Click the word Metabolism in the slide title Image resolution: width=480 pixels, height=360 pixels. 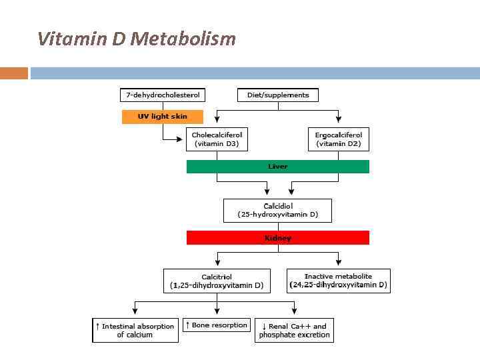click(x=183, y=39)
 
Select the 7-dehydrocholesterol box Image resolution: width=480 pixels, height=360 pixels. click(x=163, y=95)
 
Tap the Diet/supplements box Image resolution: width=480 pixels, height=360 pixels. click(x=278, y=95)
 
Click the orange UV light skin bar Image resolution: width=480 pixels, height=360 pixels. click(x=162, y=117)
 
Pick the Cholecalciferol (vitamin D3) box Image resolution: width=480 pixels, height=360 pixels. click(x=217, y=139)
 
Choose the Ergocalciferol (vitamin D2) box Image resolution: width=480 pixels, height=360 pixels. click(x=339, y=139)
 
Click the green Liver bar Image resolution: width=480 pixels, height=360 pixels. click(x=277, y=167)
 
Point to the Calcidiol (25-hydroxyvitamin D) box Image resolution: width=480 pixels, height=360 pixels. click(x=277, y=210)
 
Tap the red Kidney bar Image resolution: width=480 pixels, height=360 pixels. click(x=277, y=237)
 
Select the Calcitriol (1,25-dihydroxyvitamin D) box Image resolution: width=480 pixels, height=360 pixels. click(x=217, y=281)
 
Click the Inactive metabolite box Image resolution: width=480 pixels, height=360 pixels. click(x=339, y=281)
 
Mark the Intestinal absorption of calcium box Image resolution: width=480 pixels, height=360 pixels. click(x=135, y=330)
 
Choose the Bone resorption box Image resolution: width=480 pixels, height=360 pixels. click(x=217, y=325)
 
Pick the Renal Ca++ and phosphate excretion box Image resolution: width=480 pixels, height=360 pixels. click(x=294, y=330)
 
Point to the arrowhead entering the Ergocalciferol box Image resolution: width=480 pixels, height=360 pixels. click(x=339, y=120)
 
